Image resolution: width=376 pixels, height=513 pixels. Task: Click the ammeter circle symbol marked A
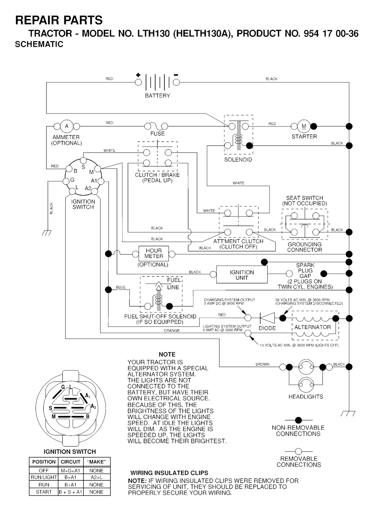(x=66, y=126)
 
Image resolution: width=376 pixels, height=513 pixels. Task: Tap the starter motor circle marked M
(x=304, y=126)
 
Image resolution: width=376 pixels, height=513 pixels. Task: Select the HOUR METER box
(x=153, y=254)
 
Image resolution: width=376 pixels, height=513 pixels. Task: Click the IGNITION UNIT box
(x=242, y=275)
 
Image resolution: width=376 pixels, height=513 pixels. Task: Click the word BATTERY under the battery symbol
(x=158, y=96)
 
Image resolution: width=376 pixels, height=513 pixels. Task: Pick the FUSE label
(x=157, y=134)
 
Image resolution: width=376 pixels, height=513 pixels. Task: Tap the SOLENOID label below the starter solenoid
(x=238, y=160)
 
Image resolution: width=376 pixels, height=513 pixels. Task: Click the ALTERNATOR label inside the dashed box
(x=312, y=327)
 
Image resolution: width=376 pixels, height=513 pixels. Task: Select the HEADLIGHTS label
(x=305, y=397)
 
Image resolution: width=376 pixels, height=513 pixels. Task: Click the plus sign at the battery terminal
(x=138, y=75)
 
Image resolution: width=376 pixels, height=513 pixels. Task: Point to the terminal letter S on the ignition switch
(x=83, y=167)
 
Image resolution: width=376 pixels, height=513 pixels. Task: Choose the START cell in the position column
(x=44, y=492)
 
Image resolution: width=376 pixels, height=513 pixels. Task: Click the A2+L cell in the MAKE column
(x=96, y=477)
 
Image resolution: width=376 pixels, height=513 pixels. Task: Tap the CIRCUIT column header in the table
(x=70, y=462)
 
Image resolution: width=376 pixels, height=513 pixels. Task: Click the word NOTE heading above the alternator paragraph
(x=167, y=355)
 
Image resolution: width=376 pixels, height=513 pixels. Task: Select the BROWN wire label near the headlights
(x=262, y=365)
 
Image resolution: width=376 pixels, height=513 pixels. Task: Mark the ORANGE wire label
(x=171, y=331)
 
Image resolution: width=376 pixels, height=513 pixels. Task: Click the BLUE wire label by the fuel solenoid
(x=121, y=287)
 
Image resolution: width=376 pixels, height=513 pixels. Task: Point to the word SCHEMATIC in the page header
(x=39, y=44)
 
